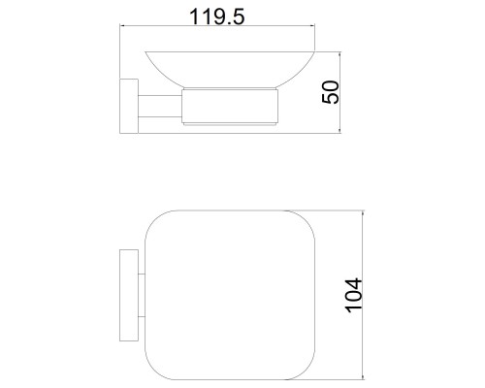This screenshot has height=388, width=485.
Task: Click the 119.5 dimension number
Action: [217, 16]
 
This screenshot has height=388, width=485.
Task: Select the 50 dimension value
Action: [331, 92]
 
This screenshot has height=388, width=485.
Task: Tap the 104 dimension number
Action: [354, 295]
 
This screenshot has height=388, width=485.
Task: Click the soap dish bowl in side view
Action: [230, 69]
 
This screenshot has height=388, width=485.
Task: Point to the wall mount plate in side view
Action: [129, 106]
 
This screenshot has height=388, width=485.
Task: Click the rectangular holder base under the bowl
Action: [230, 107]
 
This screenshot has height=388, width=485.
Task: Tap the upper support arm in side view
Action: [160, 95]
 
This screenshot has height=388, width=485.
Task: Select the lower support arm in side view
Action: [160, 116]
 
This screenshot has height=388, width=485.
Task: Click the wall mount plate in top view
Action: [129, 295]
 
